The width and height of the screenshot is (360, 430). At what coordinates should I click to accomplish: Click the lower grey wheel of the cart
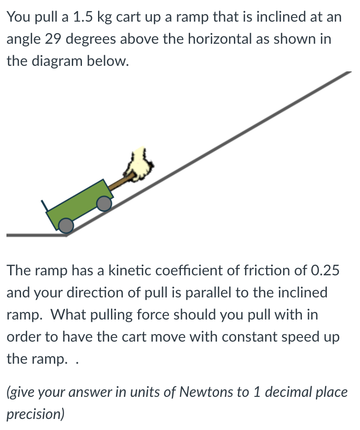click(66, 225)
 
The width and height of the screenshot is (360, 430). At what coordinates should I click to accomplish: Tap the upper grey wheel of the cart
click(105, 203)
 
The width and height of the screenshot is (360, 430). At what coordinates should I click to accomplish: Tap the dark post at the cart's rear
click(45, 206)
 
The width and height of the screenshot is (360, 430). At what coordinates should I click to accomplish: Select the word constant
click(254, 337)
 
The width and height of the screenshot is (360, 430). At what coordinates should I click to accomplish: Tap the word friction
click(279, 270)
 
